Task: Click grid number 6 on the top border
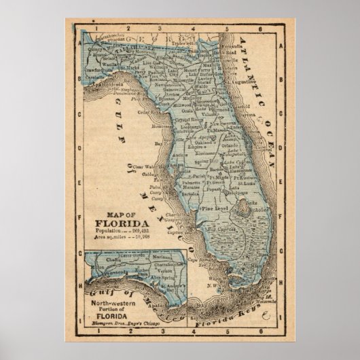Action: click(x=260, y=29)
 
